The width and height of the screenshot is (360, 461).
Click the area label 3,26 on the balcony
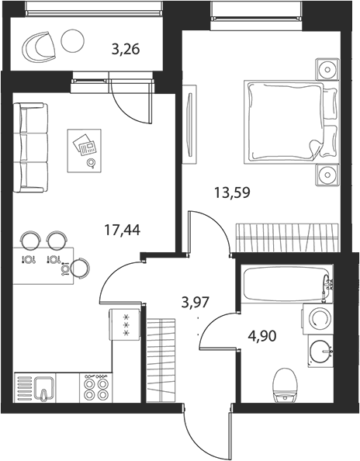click(126, 49)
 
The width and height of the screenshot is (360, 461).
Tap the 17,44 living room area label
click(123, 230)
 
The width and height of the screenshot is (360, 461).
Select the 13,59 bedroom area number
click(232, 193)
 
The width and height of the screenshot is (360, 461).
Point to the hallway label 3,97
click(196, 302)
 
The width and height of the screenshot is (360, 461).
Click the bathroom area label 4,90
click(262, 336)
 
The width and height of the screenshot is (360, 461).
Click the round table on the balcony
click(73, 41)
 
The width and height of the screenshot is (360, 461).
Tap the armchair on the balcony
click(39, 47)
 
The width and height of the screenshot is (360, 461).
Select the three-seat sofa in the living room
click(30, 147)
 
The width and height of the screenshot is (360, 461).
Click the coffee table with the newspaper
click(85, 151)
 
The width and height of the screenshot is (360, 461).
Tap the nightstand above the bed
click(327, 69)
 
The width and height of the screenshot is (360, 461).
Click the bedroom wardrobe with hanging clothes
click(287, 237)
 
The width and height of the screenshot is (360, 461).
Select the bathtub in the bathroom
click(287, 284)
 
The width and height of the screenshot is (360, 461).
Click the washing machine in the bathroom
click(318, 319)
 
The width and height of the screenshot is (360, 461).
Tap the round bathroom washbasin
click(321, 351)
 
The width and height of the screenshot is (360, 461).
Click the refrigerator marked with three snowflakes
click(125, 324)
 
